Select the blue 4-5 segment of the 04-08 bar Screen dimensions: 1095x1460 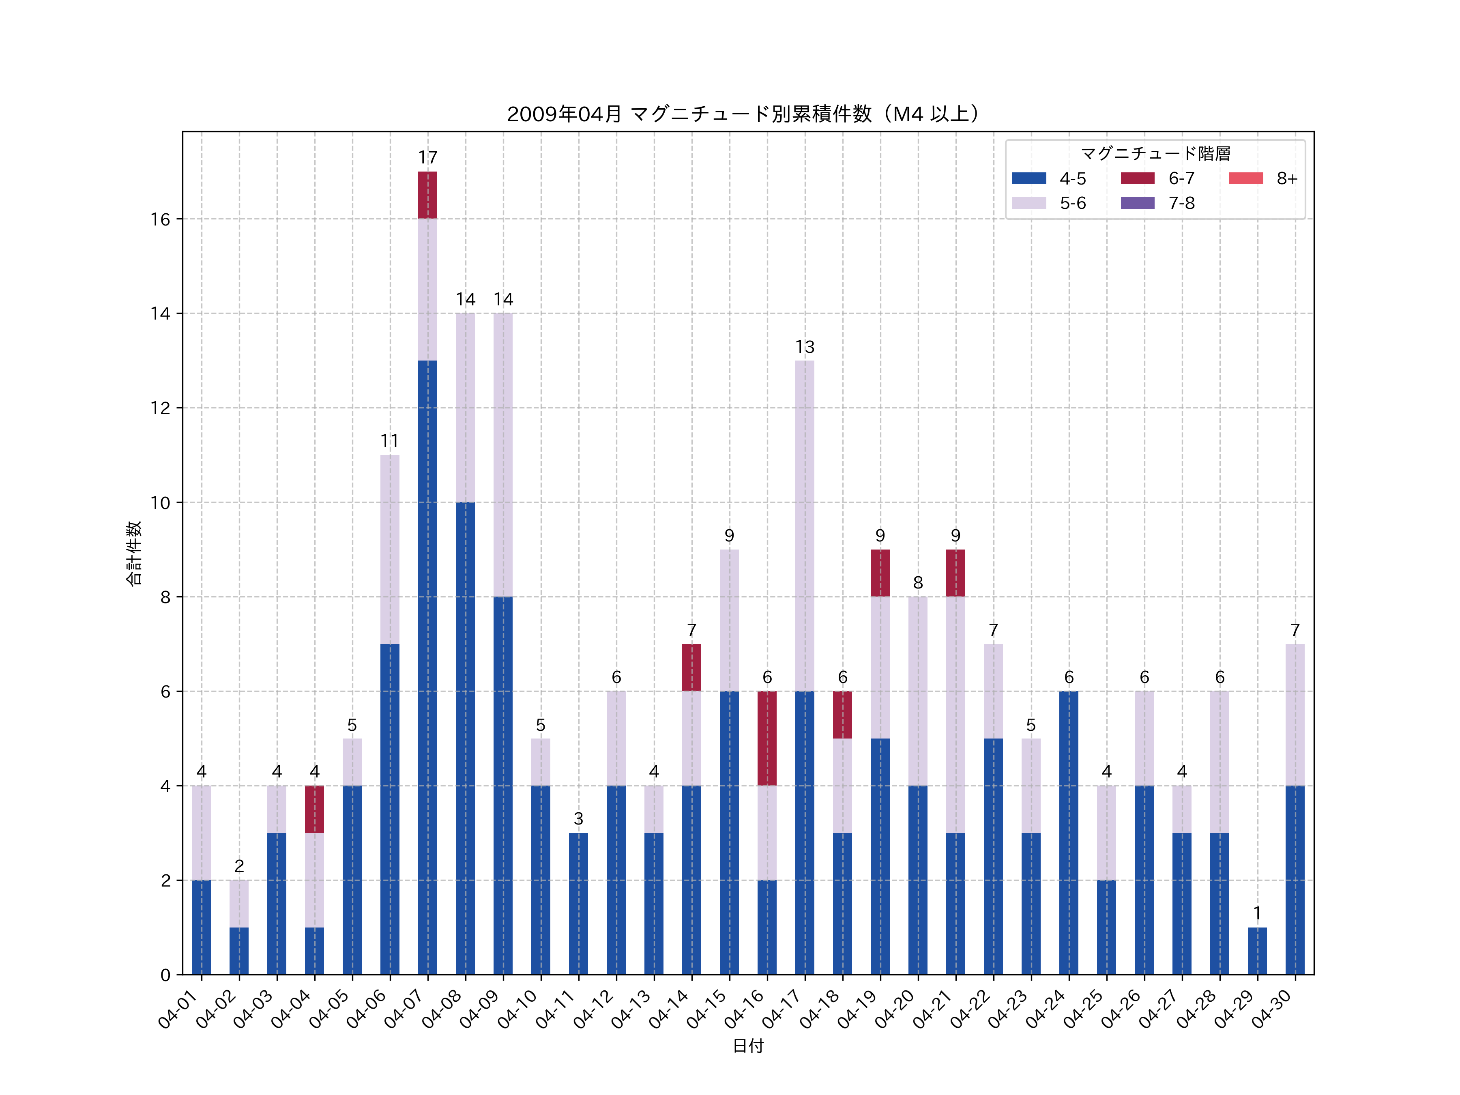[x=465, y=738]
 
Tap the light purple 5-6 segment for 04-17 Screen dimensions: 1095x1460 [x=805, y=525]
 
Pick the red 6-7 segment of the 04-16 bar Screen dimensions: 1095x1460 [x=767, y=738]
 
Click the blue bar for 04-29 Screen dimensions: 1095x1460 [x=1257, y=951]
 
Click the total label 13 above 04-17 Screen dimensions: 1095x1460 [x=805, y=347]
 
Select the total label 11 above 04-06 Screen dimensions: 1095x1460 [x=389, y=441]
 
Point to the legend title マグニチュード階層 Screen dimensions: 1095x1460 [x=1155, y=154]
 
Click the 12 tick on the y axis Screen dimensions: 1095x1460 [x=160, y=408]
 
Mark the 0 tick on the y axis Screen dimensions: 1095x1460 [x=165, y=975]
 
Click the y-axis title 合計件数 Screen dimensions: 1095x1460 [x=134, y=553]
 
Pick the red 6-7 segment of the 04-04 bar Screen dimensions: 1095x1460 [x=314, y=809]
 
